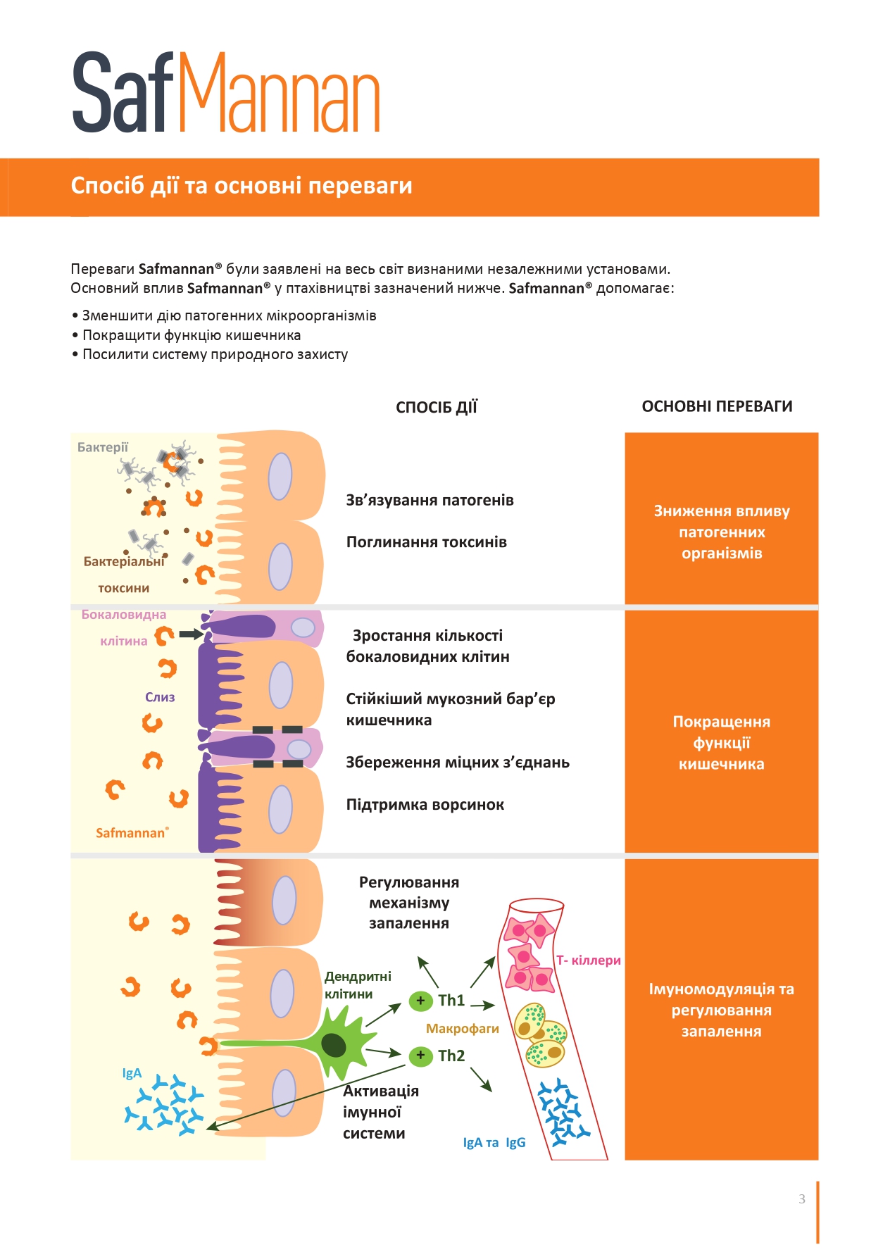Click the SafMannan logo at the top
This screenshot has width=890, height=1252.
226,92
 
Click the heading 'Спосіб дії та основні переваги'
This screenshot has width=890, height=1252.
242,185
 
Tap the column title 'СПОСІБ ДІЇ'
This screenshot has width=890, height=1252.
437,407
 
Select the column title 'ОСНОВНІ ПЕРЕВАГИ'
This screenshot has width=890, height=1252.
717,406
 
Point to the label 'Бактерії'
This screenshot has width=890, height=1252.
103,447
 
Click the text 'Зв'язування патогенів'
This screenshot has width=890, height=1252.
430,500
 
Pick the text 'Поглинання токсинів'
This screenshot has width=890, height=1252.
426,542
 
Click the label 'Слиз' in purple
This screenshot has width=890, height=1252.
160,697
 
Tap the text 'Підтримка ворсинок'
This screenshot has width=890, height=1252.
425,805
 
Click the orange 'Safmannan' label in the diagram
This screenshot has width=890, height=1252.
132,832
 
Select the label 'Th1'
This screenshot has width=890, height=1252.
451,1000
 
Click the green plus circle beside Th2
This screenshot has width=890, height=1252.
420,1056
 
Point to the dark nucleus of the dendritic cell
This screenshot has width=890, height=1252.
334,1046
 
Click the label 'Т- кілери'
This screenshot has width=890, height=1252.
589,960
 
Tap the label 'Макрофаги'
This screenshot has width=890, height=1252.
462,1029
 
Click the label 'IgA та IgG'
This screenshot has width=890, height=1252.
494,1142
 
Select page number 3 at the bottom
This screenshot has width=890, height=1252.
802,1198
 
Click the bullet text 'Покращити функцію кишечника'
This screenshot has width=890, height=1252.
192,335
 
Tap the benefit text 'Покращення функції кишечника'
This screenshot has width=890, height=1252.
721,742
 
